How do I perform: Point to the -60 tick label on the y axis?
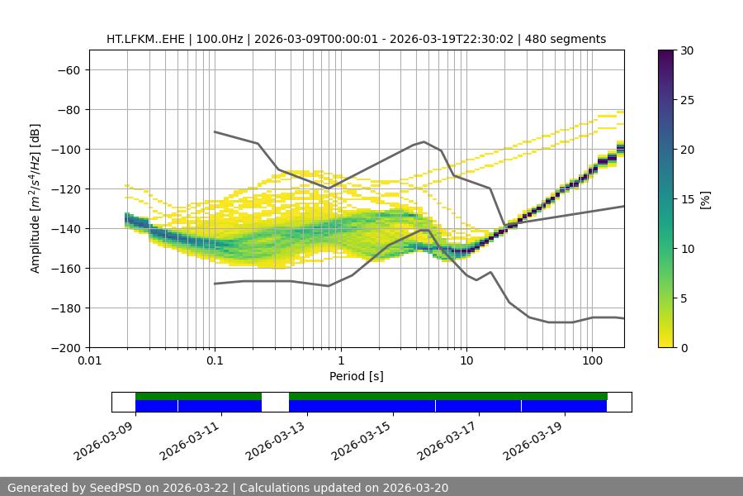point(68,69)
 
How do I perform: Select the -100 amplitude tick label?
point(65,149)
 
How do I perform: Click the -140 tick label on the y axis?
point(65,228)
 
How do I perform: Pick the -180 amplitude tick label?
point(65,308)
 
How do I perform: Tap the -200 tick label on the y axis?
point(65,347)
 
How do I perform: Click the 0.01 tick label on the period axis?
point(89,361)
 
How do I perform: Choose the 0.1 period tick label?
point(215,361)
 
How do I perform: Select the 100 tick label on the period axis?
point(591,361)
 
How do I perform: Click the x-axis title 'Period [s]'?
point(357,376)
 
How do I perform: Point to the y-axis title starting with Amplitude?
point(35,198)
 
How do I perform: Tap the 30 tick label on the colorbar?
point(687,50)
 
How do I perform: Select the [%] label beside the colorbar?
point(705,199)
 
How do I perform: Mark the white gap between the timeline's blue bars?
point(275,406)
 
